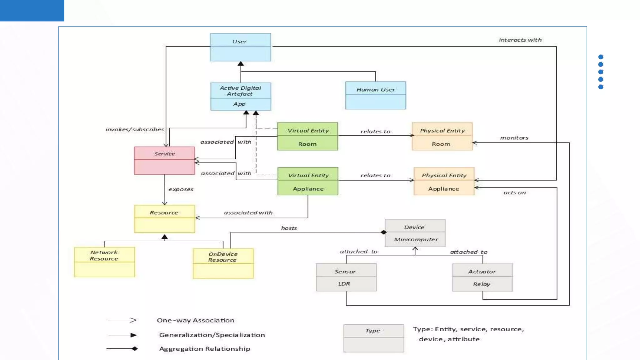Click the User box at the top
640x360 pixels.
(x=240, y=47)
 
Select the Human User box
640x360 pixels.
(x=375, y=95)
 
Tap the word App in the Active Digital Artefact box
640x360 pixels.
(x=239, y=104)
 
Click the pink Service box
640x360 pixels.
(x=164, y=160)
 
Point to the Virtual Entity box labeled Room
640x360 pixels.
(x=307, y=137)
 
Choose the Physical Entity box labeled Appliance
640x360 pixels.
(x=444, y=181)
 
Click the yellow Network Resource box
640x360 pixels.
(x=104, y=262)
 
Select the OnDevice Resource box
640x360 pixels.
(x=223, y=263)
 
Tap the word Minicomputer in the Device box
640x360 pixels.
(x=416, y=240)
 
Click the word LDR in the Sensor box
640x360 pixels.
(x=344, y=284)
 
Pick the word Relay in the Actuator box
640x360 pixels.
(x=481, y=284)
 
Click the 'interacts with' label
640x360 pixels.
(x=520, y=40)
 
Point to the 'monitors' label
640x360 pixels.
(x=514, y=138)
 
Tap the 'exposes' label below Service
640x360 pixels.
(x=181, y=189)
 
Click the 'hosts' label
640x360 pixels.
(x=289, y=228)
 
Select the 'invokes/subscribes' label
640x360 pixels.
(x=134, y=129)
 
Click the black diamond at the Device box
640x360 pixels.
(x=384, y=232)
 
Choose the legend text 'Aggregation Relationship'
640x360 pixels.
(x=204, y=349)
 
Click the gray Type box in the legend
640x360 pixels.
(x=373, y=338)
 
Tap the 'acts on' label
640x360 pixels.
(x=514, y=193)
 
